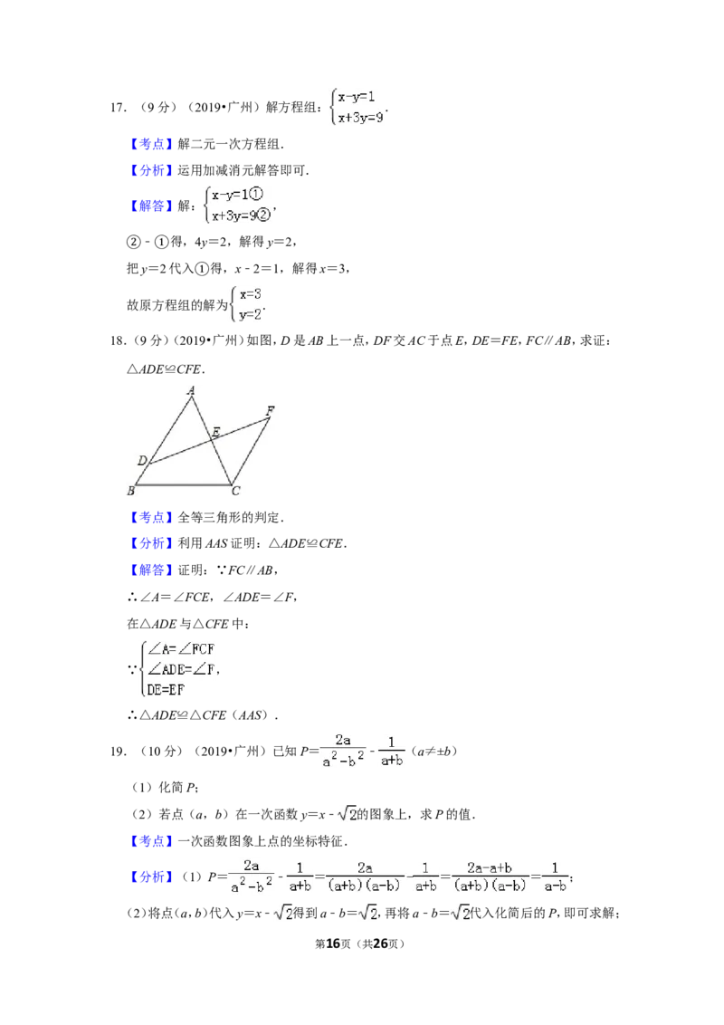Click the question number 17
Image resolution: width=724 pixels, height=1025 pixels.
(x=118, y=108)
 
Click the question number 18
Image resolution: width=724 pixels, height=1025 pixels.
(x=118, y=340)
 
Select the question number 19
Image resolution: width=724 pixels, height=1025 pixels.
(x=118, y=752)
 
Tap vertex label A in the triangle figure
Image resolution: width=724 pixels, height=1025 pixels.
(x=191, y=391)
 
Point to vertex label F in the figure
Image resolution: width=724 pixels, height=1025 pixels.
(x=270, y=410)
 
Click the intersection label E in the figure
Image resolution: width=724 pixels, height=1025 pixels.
(x=215, y=431)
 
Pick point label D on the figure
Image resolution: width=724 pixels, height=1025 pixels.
(x=142, y=461)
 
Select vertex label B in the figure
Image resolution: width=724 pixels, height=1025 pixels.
(x=130, y=490)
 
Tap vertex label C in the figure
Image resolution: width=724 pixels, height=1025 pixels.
(x=236, y=491)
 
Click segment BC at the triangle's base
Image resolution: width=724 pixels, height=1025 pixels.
(x=183, y=485)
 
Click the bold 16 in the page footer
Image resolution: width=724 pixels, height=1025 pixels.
(x=333, y=944)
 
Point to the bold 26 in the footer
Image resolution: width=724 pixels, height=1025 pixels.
(x=380, y=944)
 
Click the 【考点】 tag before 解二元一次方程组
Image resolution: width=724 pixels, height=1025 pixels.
(x=151, y=145)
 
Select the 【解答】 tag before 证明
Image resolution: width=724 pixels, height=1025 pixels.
(x=151, y=570)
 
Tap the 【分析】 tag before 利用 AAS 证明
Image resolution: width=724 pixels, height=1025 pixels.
(x=151, y=543)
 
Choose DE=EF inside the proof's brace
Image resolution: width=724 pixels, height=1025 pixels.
(x=166, y=690)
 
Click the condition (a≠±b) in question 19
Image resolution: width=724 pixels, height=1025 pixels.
(x=434, y=752)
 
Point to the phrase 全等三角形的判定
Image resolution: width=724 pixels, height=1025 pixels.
(x=229, y=518)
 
